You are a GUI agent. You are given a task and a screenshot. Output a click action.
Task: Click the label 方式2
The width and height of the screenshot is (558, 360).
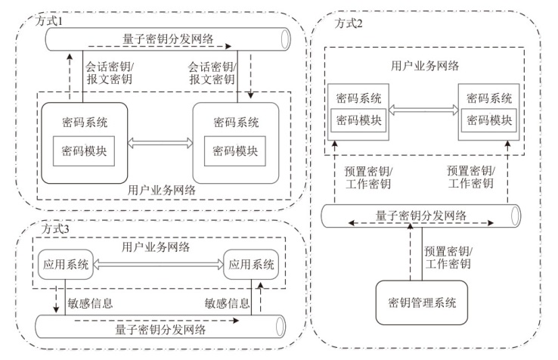[349, 24]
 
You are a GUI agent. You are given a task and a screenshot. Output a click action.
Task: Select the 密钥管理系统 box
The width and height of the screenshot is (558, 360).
[421, 303]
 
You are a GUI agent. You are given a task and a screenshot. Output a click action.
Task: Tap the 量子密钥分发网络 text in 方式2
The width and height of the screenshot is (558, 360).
[420, 216]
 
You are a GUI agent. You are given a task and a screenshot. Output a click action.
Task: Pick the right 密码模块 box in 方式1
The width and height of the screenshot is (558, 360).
[235, 150]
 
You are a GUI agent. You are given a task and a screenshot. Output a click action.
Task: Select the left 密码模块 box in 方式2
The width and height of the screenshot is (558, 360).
[358, 119]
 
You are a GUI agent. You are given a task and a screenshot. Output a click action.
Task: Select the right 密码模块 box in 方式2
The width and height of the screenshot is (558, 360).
[487, 119]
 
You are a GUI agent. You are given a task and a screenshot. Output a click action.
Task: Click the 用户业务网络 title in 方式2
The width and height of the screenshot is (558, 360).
[421, 66]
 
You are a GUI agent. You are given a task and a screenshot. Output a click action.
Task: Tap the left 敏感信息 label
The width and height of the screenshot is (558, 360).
[90, 303]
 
